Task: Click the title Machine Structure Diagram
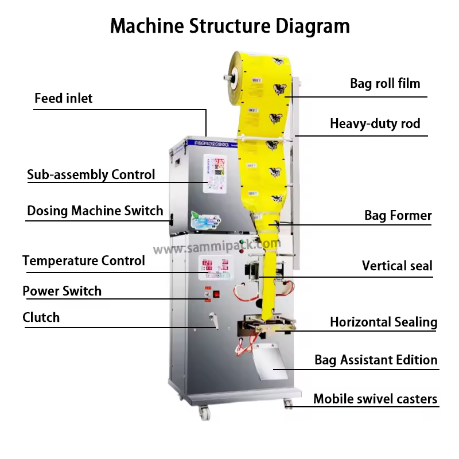tap(229, 26)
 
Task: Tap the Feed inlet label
tap(63, 98)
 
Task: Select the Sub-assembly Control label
tap(91, 174)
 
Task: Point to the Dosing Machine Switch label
tap(95, 211)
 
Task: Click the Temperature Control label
tap(84, 260)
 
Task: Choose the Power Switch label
tap(62, 291)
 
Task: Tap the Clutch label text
tap(41, 317)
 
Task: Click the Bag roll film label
tap(385, 83)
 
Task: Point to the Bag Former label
tap(398, 216)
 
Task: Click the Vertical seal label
tap(397, 266)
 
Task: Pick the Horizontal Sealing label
tap(383, 322)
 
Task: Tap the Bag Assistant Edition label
tap(376, 360)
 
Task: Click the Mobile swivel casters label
tap(375, 399)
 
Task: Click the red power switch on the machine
tap(216, 295)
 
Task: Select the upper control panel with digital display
tap(216, 172)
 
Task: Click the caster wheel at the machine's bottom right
tap(288, 404)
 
